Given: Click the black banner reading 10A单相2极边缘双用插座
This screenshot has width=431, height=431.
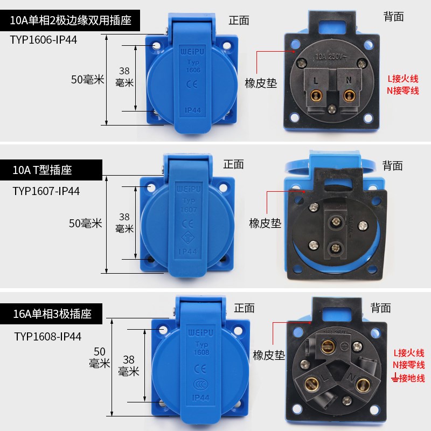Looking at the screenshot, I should point(73,22).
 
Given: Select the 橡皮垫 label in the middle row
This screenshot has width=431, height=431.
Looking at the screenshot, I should point(265,223).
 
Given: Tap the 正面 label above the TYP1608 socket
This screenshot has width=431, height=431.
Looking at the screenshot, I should point(244,308).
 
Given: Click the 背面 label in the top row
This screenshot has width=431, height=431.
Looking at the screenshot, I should point(394,17).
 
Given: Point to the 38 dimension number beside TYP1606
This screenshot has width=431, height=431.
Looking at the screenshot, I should point(124,71).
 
